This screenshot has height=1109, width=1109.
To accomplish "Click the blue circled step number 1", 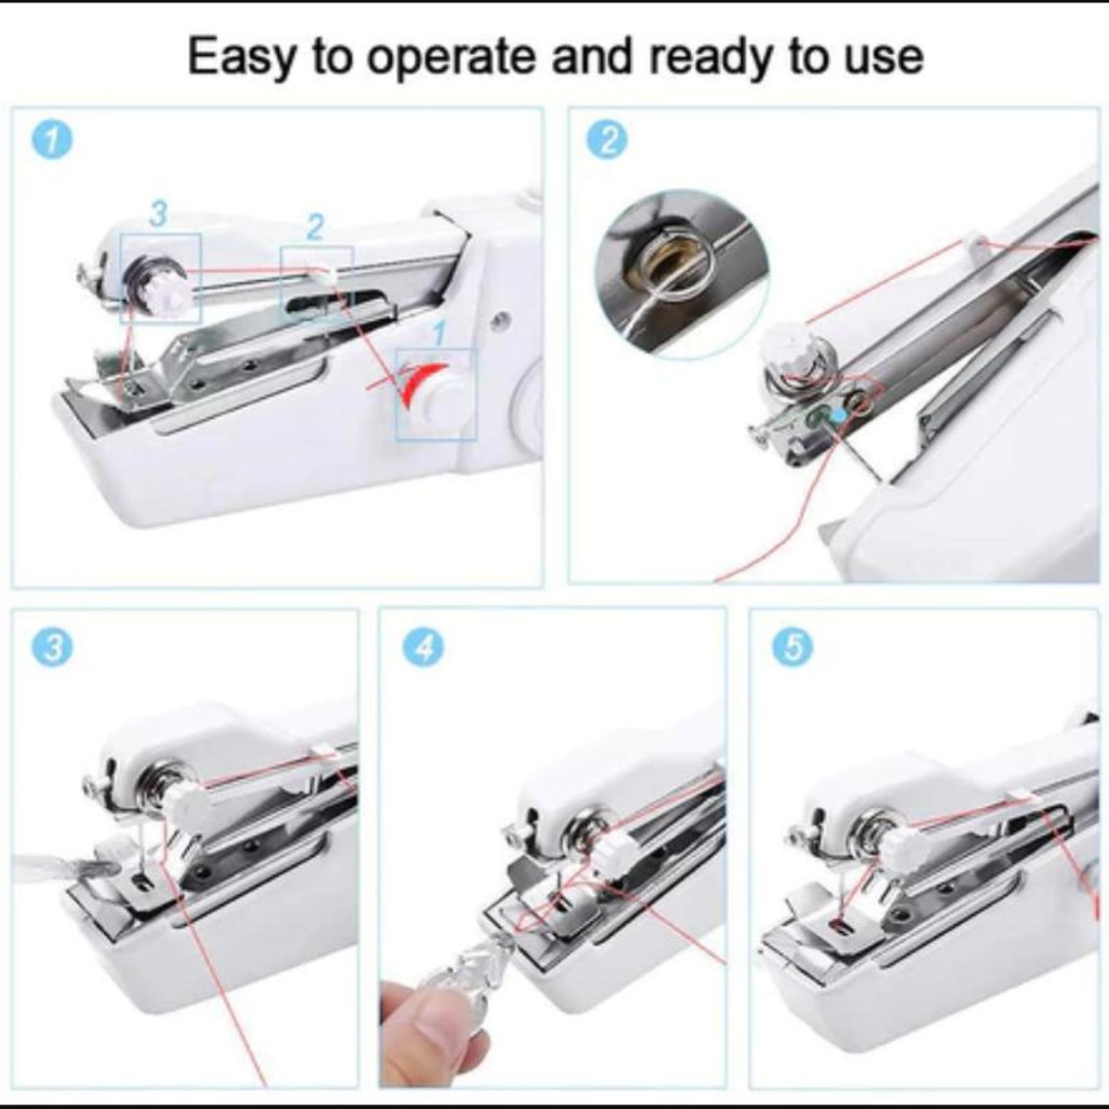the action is click(x=52, y=140).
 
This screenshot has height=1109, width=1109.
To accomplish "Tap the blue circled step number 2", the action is click(x=607, y=140).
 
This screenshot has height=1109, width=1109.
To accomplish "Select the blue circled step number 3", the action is click(x=52, y=647).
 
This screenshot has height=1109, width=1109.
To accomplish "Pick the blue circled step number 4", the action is click(x=423, y=647).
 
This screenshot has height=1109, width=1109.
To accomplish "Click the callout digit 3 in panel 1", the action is click(x=159, y=213).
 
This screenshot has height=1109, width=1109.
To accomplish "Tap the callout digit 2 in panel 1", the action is click(x=315, y=227).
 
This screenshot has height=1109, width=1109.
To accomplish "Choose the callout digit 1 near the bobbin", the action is click(x=439, y=334).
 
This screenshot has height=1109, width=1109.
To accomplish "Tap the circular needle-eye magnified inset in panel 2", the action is click(x=681, y=274).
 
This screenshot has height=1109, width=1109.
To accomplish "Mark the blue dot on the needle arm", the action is click(x=840, y=414).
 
